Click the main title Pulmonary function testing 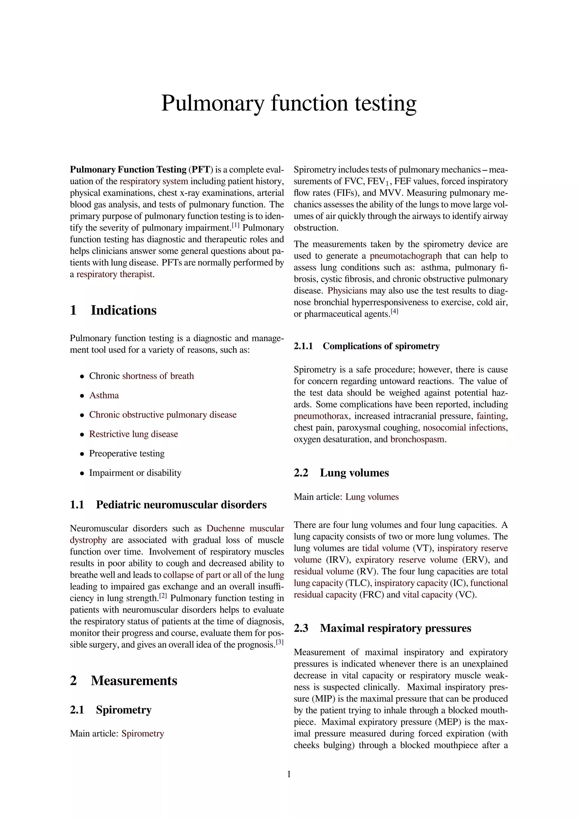[x=289, y=103]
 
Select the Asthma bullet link [x=104, y=395]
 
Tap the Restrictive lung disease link [x=133, y=434]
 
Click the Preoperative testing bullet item [x=127, y=454]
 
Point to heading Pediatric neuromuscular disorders [x=181, y=505]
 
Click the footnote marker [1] [x=236, y=225]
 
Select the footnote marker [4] [x=394, y=311]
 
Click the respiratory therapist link [x=115, y=274]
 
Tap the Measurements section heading [x=134, y=681]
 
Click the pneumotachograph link [x=406, y=256]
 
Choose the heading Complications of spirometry [x=381, y=346]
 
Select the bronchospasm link [x=417, y=439]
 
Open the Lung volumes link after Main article [x=372, y=497]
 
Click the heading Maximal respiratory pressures [x=395, y=628]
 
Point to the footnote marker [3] [x=280, y=642]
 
